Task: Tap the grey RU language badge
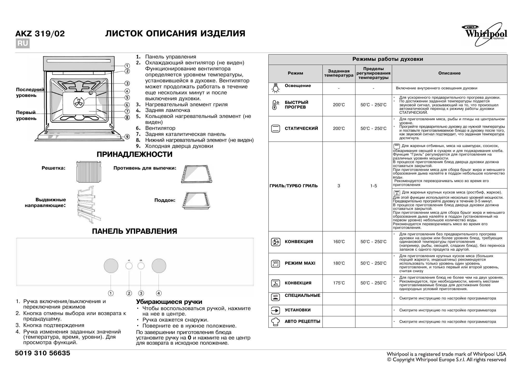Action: click(x=23, y=43)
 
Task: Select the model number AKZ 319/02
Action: click(x=40, y=34)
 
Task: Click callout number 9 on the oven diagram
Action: click(x=127, y=137)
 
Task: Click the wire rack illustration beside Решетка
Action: click(x=88, y=172)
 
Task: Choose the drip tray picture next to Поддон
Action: click(x=196, y=201)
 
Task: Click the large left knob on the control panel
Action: click(x=111, y=266)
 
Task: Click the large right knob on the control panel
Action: click(x=159, y=266)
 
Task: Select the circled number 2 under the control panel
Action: click(x=129, y=293)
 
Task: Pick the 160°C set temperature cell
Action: click(x=339, y=242)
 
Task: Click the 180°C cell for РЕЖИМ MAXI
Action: click(x=339, y=263)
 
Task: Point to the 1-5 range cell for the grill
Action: click(x=373, y=186)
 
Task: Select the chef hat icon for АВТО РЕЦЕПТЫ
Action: click(x=275, y=322)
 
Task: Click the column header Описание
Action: click(x=449, y=73)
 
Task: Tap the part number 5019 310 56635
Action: click(x=43, y=353)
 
